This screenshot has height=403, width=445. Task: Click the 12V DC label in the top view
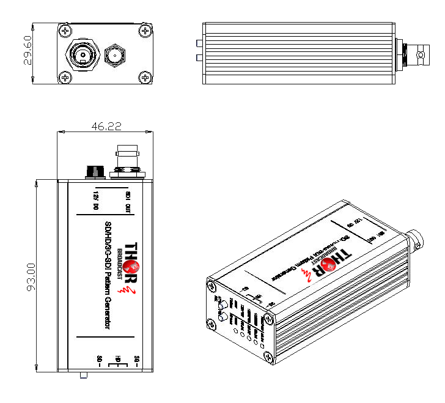click(96, 200)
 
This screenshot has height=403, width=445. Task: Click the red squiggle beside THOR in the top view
click(128, 288)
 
